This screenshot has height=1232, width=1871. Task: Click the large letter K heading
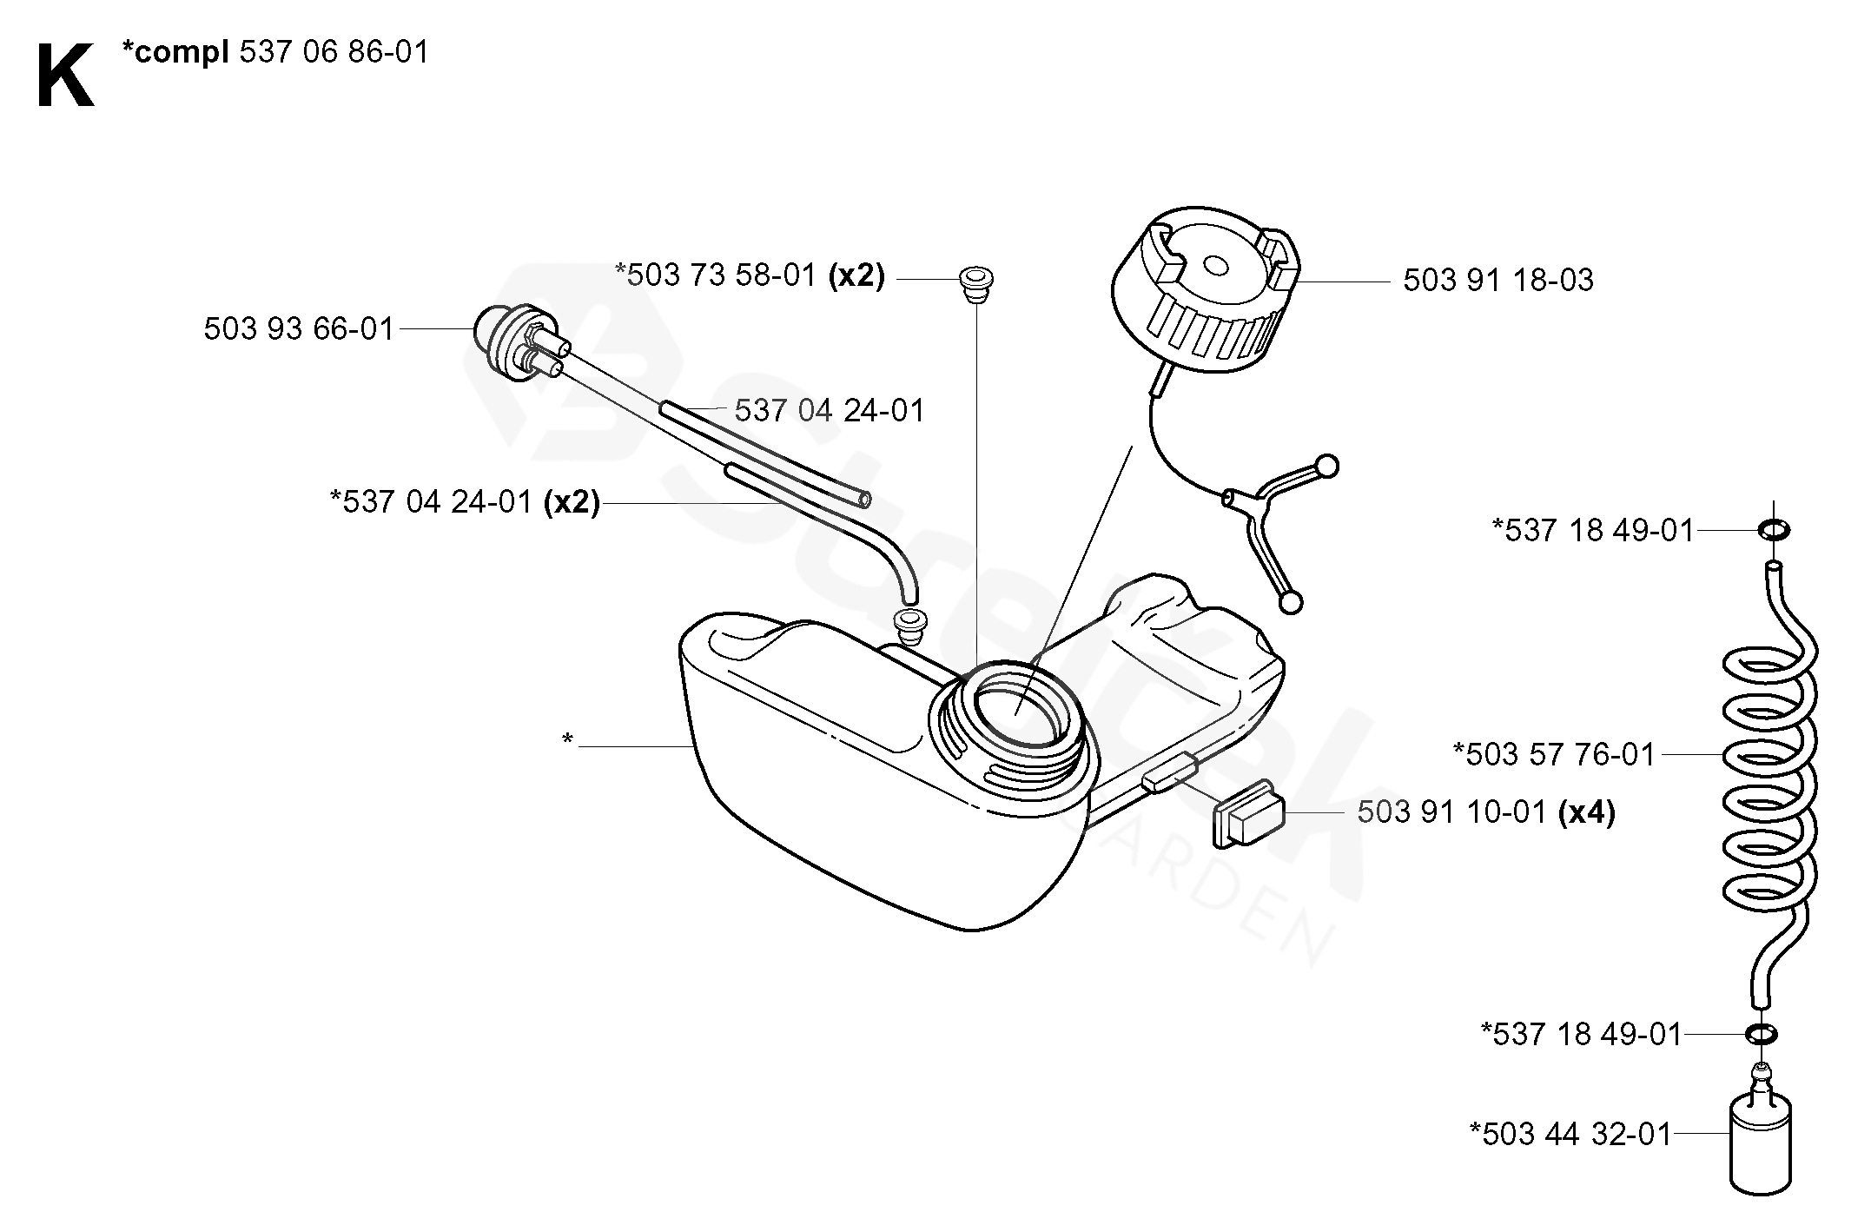click(65, 77)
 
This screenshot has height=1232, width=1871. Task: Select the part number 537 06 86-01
click(334, 53)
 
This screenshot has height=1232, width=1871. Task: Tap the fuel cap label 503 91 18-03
click(1498, 281)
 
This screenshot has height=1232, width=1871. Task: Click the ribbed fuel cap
click(1207, 295)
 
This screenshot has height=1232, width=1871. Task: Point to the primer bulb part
click(512, 339)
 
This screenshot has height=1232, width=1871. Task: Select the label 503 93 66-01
click(299, 329)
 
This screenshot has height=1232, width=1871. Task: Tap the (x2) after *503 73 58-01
click(856, 276)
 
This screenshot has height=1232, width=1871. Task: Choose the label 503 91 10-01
click(1451, 813)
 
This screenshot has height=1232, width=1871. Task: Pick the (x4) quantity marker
click(1587, 813)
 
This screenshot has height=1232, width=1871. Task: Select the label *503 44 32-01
click(1570, 1134)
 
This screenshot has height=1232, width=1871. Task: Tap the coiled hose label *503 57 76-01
click(1554, 754)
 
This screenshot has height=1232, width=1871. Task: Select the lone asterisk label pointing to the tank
click(567, 740)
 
